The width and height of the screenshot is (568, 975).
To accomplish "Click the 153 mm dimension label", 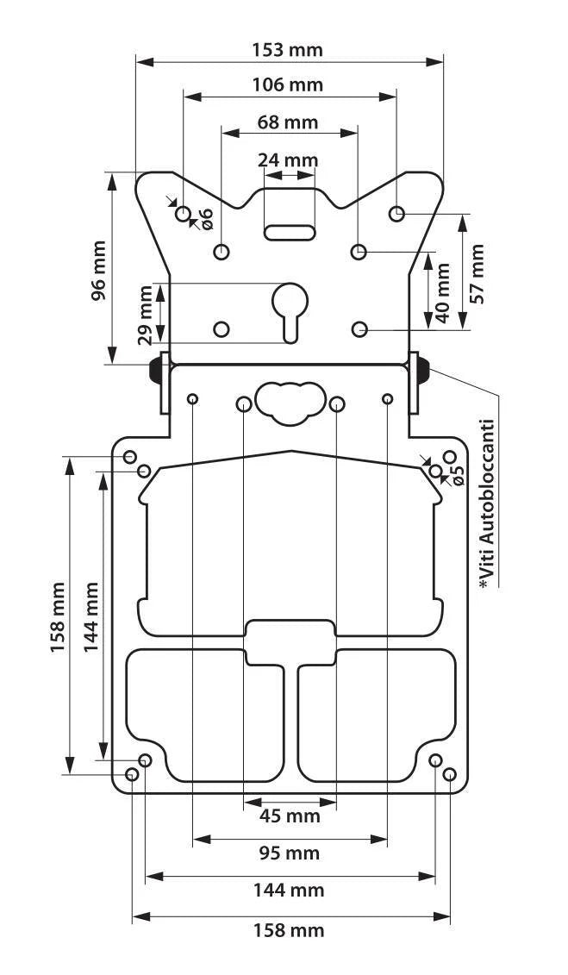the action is click(288, 50).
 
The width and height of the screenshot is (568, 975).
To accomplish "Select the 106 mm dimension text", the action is click(288, 84).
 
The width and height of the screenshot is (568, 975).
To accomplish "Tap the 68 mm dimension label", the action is click(288, 122).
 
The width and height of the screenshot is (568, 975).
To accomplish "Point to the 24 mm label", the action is click(288, 160).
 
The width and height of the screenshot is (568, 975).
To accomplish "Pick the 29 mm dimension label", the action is click(145, 316).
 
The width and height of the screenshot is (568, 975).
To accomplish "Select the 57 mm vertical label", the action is click(477, 273).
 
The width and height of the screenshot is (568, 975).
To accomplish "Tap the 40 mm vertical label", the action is click(442, 292).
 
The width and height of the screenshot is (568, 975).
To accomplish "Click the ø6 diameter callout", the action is click(206, 217).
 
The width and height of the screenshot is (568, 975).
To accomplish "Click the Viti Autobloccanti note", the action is click(487, 504).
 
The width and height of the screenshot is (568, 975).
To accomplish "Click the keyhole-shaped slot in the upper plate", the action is click(290, 312).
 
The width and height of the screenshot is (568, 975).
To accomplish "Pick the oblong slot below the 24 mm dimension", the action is click(290, 233).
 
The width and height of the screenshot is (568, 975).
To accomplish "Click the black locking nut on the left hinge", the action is click(154, 371).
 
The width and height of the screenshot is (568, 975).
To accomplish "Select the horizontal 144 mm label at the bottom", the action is click(289, 891).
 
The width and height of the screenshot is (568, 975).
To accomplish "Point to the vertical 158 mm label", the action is click(59, 617).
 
